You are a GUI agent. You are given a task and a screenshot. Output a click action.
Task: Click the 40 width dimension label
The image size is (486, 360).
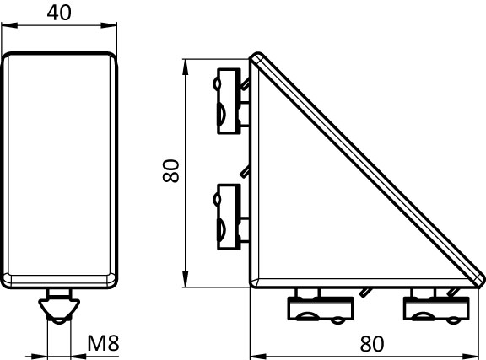[59, 13]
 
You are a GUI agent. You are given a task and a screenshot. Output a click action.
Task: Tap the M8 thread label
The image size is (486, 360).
[103, 342]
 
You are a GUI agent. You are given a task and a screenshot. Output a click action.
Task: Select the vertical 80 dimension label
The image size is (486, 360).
[170, 170]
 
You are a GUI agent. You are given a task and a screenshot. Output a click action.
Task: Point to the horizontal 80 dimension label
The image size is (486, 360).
[372, 344]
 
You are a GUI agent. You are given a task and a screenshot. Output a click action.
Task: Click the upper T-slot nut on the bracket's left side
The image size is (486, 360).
[229, 101]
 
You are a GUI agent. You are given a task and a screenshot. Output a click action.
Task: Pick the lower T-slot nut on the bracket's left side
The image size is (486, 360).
[229, 217]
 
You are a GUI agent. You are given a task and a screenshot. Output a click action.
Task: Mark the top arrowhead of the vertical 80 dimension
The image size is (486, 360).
[185, 67]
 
